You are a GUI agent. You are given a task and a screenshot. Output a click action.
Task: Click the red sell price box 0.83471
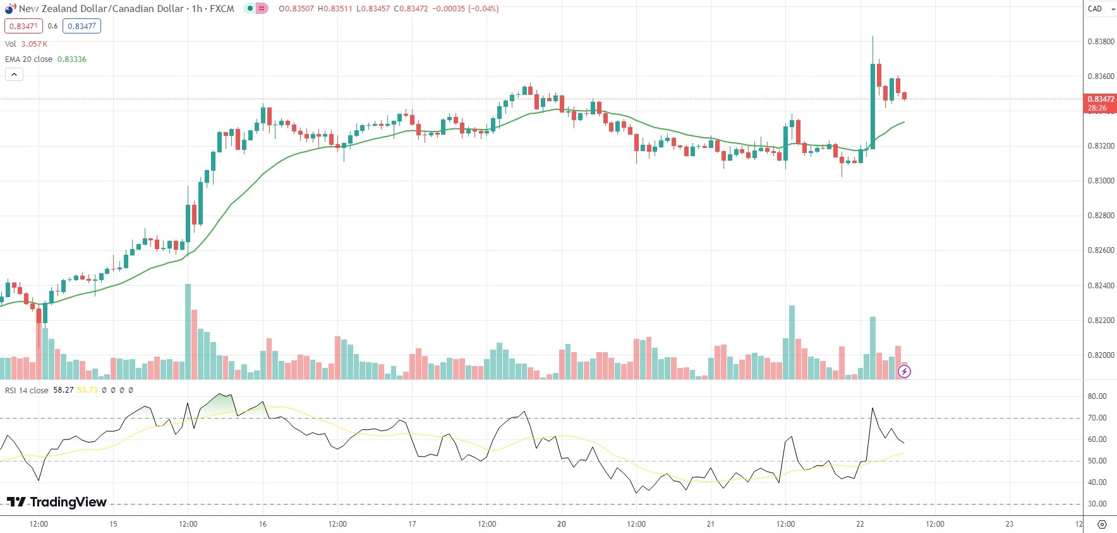pyautogui.click(x=23, y=26)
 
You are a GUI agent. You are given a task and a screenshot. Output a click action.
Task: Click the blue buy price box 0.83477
pyautogui.click(x=82, y=26)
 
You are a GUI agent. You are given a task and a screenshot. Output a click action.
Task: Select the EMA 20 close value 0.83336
pyautogui.click(x=71, y=59)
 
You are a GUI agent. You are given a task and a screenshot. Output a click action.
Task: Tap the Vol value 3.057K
pyautogui.click(x=34, y=44)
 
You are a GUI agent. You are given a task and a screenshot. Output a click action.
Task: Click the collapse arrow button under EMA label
pyautogui.click(x=14, y=75)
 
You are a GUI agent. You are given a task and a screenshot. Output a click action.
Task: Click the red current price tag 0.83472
pyautogui.click(x=1100, y=99)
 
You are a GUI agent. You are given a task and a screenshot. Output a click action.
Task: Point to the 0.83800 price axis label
pyautogui.click(x=1101, y=42)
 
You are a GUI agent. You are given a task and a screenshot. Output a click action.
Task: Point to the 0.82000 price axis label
pyautogui.click(x=1101, y=355)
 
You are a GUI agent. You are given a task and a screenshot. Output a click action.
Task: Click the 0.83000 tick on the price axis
pyautogui.click(x=1101, y=181)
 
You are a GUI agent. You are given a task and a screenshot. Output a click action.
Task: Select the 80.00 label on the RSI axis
pyautogui.click(x=1097, y=396)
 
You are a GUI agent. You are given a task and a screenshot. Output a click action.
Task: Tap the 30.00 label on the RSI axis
pyautogui.click(x=1097, y=504)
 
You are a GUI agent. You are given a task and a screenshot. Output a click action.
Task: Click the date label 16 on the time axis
pyautogui.click(x=263, y=524)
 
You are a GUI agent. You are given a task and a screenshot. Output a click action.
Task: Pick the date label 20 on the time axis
pyautogui.click(x=561, y=524)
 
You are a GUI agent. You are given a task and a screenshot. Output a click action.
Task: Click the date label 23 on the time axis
pyautogui.click(x=1009, y=524)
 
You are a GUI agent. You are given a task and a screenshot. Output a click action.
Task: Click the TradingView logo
pyautogui.click(x=57, y=502)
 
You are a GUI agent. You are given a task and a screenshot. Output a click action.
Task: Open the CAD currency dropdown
pyautogui.click(x=1100, y=9)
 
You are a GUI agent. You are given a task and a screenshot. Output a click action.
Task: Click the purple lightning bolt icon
pyautogui.click(x=904, y=372)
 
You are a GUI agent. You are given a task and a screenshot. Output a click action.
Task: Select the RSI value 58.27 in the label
pyautogui.click(x=63, y=390)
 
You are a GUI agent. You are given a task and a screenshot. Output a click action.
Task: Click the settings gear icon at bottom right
pyautogui.click(x=1102, y=525)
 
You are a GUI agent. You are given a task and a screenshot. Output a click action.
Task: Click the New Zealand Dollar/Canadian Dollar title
pyautogui.click(x=101, y=9)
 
